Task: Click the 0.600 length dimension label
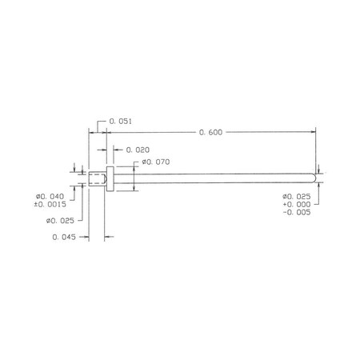[210, 132]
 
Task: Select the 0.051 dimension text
[120, 122]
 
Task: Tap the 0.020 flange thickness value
[138, 150]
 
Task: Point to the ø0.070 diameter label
[156, 162]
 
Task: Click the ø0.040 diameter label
[50, 197]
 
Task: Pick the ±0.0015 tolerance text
[50, 205]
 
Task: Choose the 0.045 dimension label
[64, 237]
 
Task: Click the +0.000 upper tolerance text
[297, 205]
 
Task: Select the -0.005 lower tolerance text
[297, 212]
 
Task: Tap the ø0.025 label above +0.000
[297, 197]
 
